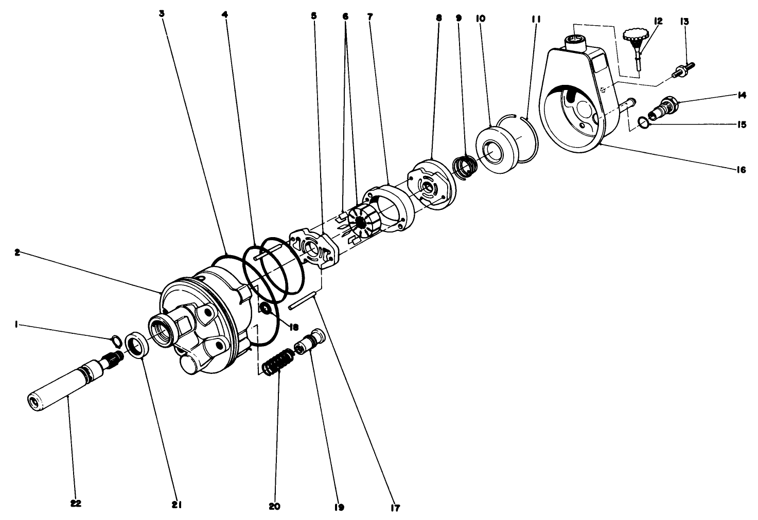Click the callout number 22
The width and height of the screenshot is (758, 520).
pyautogui.click(x=76, y=504)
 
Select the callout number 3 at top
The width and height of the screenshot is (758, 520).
pyautogui.click(x=162, y=14)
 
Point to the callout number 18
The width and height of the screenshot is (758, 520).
pyautogui.click(x=280, y=326)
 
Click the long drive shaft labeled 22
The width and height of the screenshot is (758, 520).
pyautogui.click(x=62, y=386)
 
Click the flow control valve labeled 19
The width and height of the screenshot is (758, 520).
pyautogui.click(x=310, y=342)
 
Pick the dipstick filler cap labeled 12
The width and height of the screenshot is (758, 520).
pyautogui.click(x=634, y=42)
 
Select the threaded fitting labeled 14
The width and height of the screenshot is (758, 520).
pyautogui.click(x=664, y=106)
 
